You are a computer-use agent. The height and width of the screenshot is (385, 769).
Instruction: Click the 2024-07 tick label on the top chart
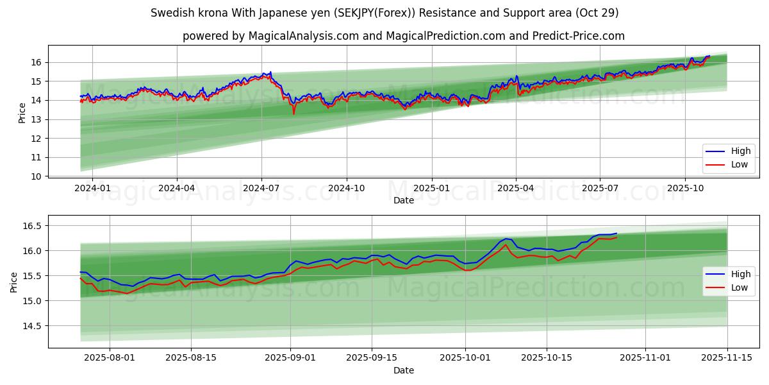click(261, 189)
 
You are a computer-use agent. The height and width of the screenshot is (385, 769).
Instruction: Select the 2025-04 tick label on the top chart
click(515, 189)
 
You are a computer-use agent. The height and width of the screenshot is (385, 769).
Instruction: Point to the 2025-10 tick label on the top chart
click(685, 189)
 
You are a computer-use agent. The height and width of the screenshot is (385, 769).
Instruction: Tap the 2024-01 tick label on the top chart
click(92, 189)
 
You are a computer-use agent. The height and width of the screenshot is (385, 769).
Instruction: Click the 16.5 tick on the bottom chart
click(32, 226)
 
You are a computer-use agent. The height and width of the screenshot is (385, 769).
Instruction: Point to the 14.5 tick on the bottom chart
click(32, 326)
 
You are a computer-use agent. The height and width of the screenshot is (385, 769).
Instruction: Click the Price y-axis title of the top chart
click(22, 113)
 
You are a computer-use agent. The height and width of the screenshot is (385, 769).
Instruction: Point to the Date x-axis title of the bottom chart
click(404, 370)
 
